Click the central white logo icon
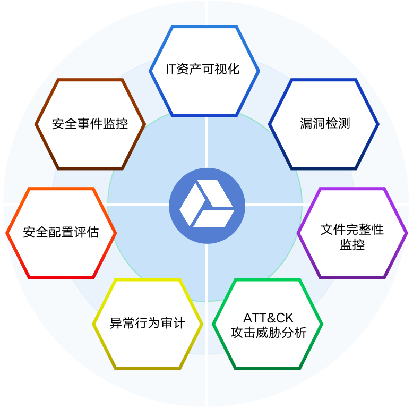[206, 205]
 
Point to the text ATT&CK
[268, 318]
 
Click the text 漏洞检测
[324, 124]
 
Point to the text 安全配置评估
[61, 232]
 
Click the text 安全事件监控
[90, 124]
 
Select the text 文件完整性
[352, 229]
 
